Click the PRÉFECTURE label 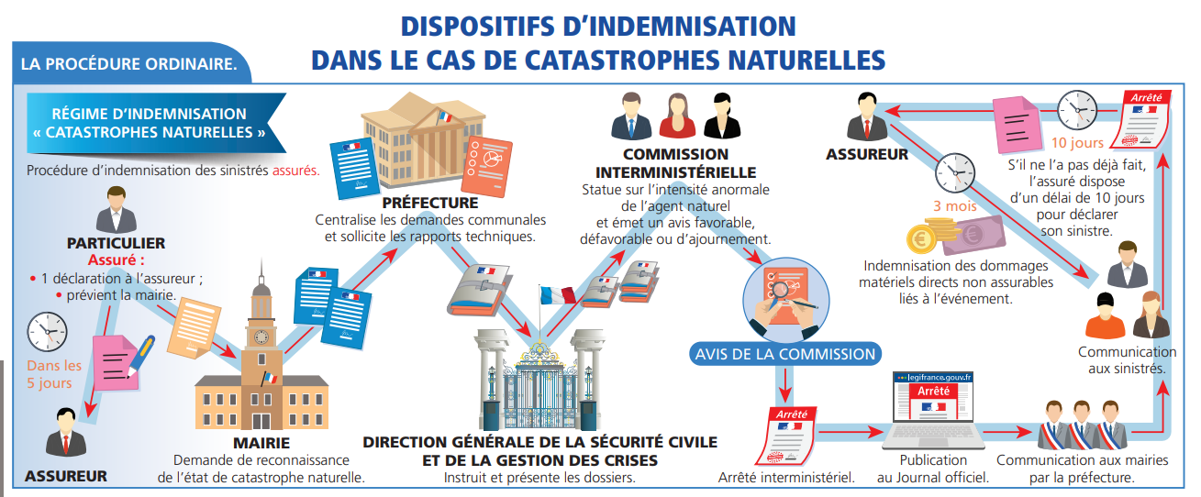pyautogui.click(x=430, y=203)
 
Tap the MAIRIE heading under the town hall pyautogui.click(x=261, y=443)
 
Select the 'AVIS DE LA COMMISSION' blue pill pyautogui.click(x=785, y=354)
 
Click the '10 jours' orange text pyautogui.click(x=1077, y=143)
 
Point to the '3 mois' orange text pyautogui.click(x=955, y=206)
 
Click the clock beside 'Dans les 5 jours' pyautogui.click(x=47, y=332)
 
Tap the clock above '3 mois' pyautogui.click(x=955, y=173)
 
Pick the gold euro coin pyautogui.click(x=922, y=239)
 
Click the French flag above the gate pyautogui.click(x=557, y=295)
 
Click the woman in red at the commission pyautogui.click(x=677, y=116)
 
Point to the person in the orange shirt pyautogui.click(x=1105, y=315)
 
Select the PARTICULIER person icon pyautogui.click(x=117, y=210)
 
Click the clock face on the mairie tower pyautogui.click(x=261, y=337)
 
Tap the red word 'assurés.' pyautogui.click(x=296, y=171)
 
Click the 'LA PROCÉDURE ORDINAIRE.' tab pyautogui.click(x=128, y=64)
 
